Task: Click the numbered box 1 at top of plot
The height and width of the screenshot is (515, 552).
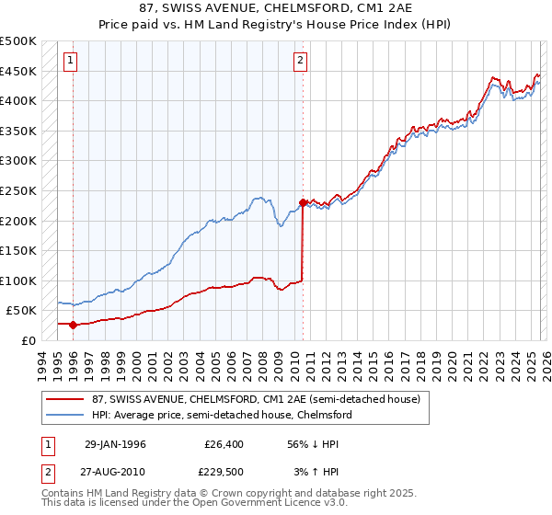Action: coord(72,62)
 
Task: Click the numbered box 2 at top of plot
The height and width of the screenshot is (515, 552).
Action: coord(301,62)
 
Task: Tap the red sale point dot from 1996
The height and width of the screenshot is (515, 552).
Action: coord(73,324)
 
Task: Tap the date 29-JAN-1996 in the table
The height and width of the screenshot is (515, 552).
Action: coord(114,444)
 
